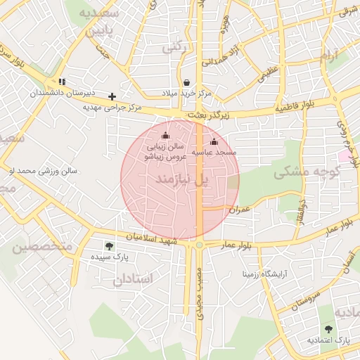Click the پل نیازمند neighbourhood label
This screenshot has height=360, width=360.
[182, 181]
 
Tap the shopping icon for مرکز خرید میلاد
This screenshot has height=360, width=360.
[186, 83]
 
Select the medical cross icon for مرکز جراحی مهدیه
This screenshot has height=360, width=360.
[112, 96]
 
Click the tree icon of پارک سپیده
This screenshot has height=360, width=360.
[108, 245]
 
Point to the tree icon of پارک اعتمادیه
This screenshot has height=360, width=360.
[328, 328]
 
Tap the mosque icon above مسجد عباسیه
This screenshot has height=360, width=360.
[214, 141]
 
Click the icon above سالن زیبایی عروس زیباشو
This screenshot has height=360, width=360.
[166, 136]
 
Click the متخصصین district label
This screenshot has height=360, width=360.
[41, 246]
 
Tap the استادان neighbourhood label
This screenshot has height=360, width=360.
[132, 279]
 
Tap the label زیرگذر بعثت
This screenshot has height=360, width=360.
[205, 114]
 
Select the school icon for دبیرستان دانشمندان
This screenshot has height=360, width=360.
[62, 82]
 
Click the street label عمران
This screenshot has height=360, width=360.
[240, 210]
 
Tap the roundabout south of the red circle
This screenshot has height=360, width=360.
[200, 245]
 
